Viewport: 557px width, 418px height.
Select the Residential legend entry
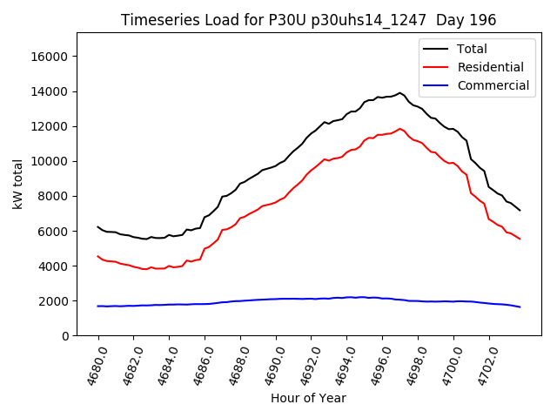[x=490, y=67]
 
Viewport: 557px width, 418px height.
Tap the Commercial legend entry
[x=493, y=85]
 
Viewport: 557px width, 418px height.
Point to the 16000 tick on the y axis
[x=50, y=57]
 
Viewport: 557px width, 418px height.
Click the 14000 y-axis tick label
[x=50, y=91]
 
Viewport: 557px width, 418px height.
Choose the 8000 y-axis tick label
[x=54, y=196]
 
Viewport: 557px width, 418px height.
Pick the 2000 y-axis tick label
[x=54, y=300]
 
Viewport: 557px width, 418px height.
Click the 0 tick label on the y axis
[x=64, y=335]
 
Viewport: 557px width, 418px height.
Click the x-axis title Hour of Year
[x=308, y=398]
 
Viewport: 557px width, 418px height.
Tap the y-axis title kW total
[x=17, y=184]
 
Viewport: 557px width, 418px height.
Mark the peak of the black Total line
[x=400, y=92]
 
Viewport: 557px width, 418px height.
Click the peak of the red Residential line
[x=400, y=129]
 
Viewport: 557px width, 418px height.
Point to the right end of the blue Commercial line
[x=520, y=307]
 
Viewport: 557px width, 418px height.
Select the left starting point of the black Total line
[x=97, y=226]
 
